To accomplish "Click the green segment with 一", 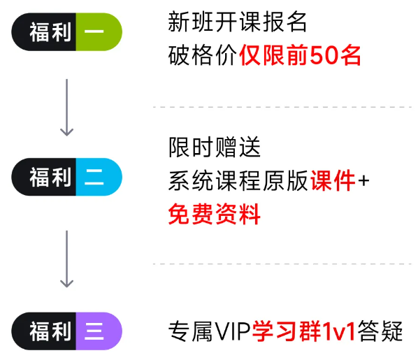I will point(97,31).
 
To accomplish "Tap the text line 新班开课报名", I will point(238,22).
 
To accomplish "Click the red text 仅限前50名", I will point(300,55).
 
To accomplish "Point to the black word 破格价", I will point(203,55).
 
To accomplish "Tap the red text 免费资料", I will point(214,214).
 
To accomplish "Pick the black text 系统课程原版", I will point(238,181).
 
